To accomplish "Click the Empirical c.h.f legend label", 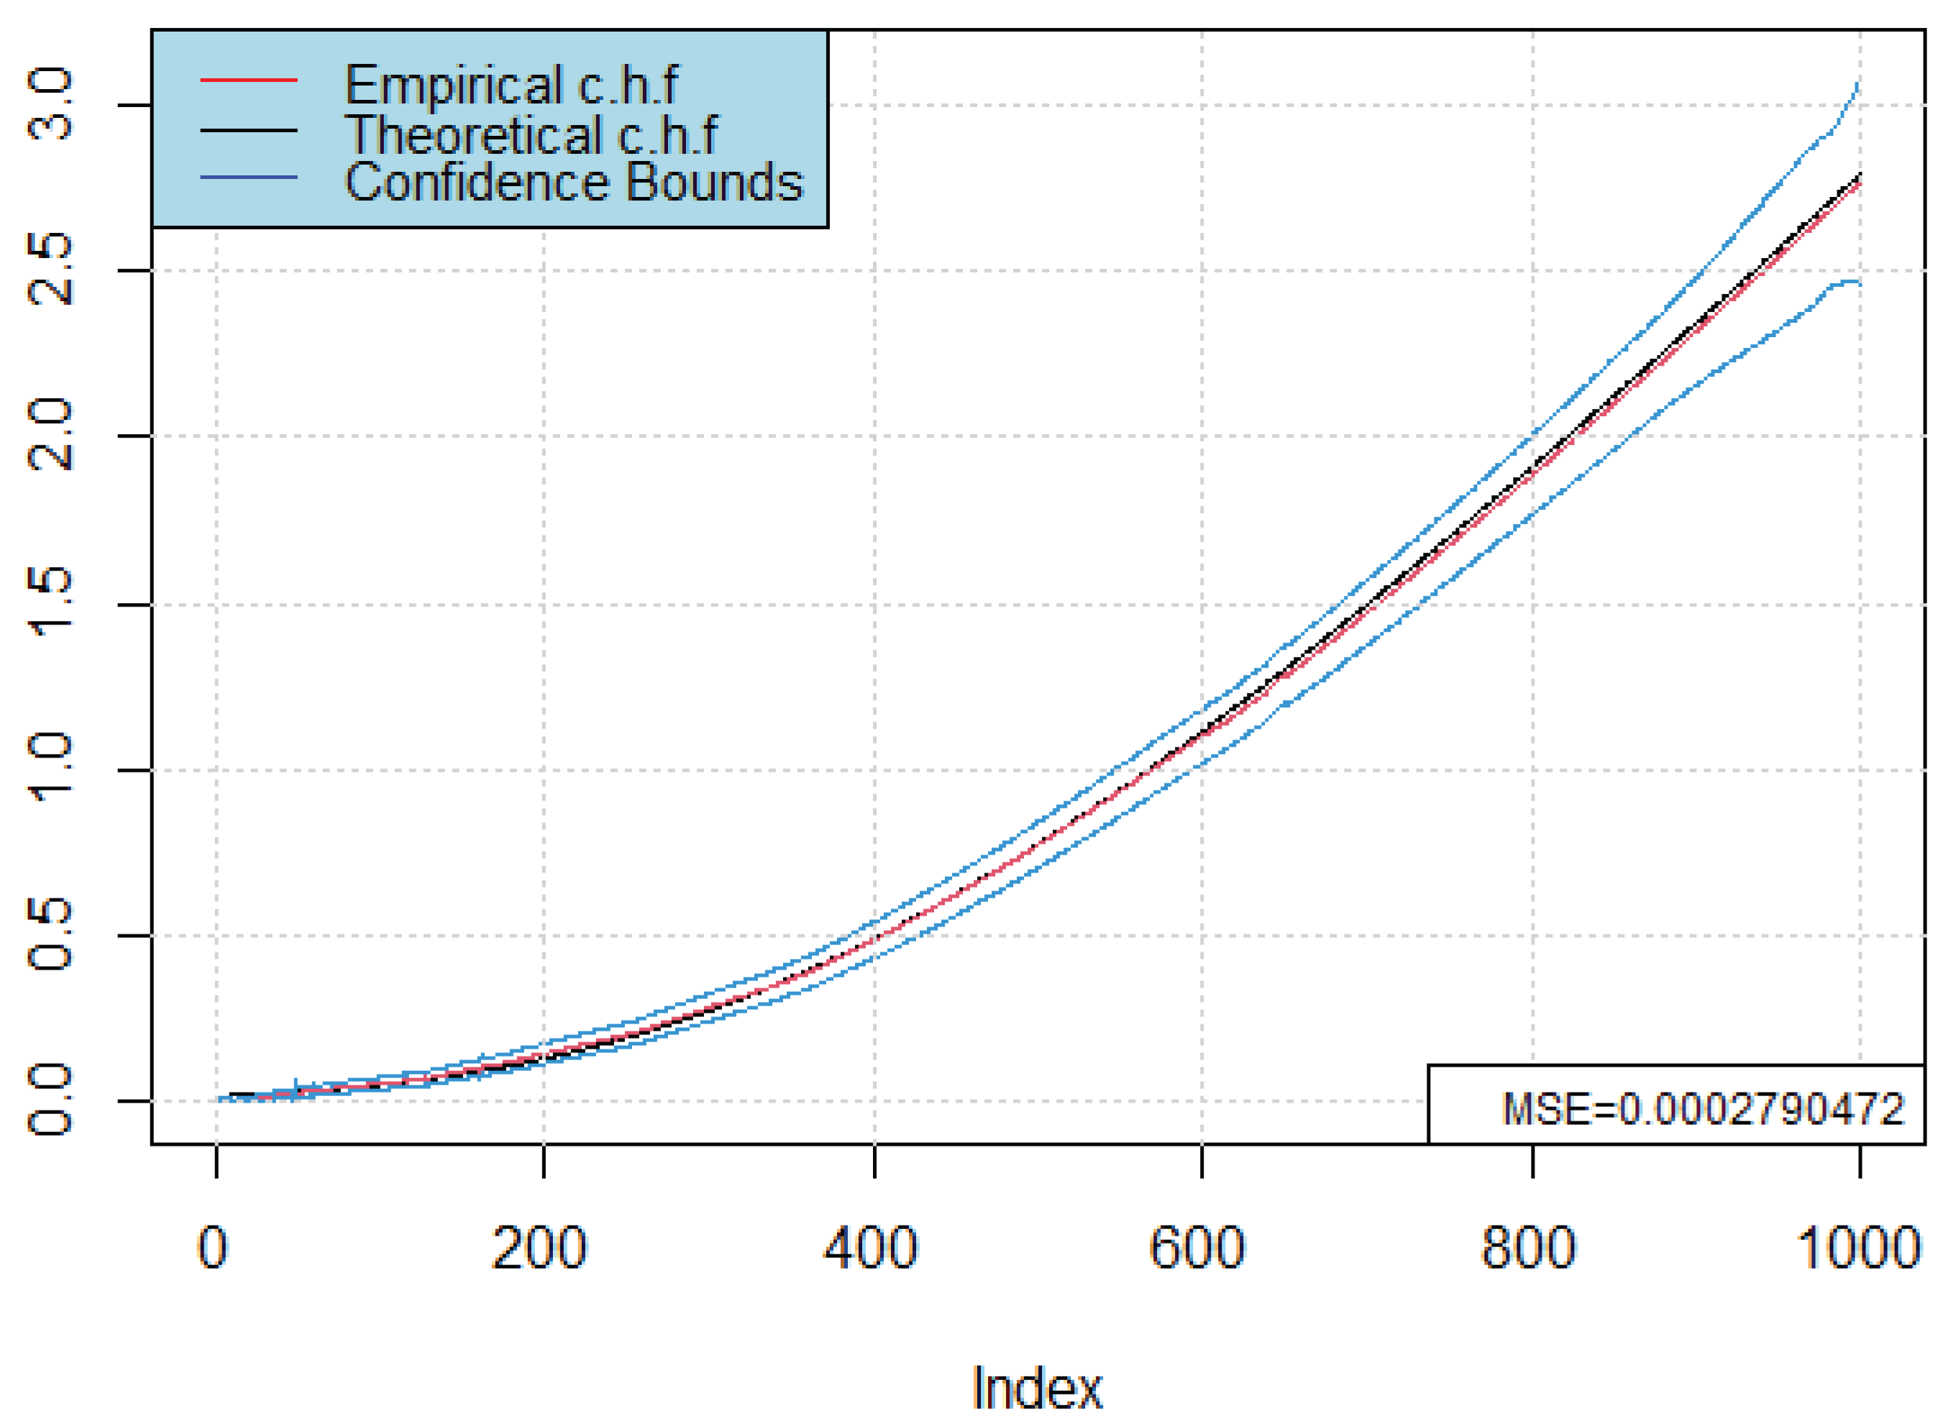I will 511,85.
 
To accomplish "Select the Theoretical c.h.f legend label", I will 530,134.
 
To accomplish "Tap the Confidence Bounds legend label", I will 573,182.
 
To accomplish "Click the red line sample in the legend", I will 249,80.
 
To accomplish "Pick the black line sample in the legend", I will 249,130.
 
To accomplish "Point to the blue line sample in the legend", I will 249,178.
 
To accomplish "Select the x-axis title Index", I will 1036,1389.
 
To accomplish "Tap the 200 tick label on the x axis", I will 539,1248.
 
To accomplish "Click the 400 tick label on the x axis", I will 870,1248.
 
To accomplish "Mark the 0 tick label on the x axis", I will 212,1248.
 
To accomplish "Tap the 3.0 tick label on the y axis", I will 50,106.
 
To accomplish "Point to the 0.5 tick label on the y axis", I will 50,935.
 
